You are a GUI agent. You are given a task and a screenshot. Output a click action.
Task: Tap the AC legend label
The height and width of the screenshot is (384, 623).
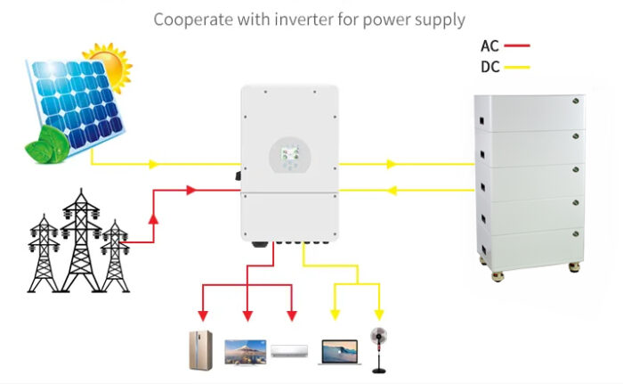[x=489, y=46]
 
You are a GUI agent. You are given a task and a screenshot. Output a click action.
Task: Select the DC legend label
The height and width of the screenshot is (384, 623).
[x=489, y=67]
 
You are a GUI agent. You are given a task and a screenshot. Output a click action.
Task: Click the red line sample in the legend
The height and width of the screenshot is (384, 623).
[x=517, y=45]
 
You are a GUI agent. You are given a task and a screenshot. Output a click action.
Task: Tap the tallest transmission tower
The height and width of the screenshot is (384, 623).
[x=81, y=241]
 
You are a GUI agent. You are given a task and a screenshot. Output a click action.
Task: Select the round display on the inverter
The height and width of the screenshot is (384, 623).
[x=290, y=156]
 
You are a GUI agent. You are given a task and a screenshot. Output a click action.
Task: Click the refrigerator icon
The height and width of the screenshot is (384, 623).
[x=200, y=350]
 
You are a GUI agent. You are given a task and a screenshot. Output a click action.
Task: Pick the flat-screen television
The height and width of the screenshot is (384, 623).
[x=245, y=353]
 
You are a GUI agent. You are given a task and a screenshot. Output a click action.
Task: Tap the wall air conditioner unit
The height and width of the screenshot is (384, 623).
[x=289, y=351]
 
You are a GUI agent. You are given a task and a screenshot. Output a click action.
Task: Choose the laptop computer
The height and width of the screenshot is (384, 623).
[x=340, y=352]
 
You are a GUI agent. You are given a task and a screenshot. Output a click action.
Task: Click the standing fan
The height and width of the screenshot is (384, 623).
[x=378, y=350]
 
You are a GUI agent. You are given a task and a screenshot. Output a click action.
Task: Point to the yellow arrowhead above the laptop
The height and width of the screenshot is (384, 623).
[x=335, y=315]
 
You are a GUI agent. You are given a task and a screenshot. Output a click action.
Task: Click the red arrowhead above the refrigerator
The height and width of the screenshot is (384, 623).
[x=203, y=316]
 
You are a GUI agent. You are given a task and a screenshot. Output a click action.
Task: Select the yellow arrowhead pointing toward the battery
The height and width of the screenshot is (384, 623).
[x=392, y=164]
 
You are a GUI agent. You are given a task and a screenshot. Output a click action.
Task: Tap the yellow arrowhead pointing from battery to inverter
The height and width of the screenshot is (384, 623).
[x=392, y=191]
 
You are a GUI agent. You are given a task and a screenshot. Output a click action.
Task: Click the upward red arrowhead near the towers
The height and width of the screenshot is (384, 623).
[x=153, y=219]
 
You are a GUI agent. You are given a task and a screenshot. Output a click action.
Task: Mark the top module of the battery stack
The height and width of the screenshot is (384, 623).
[x=530, y=113]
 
